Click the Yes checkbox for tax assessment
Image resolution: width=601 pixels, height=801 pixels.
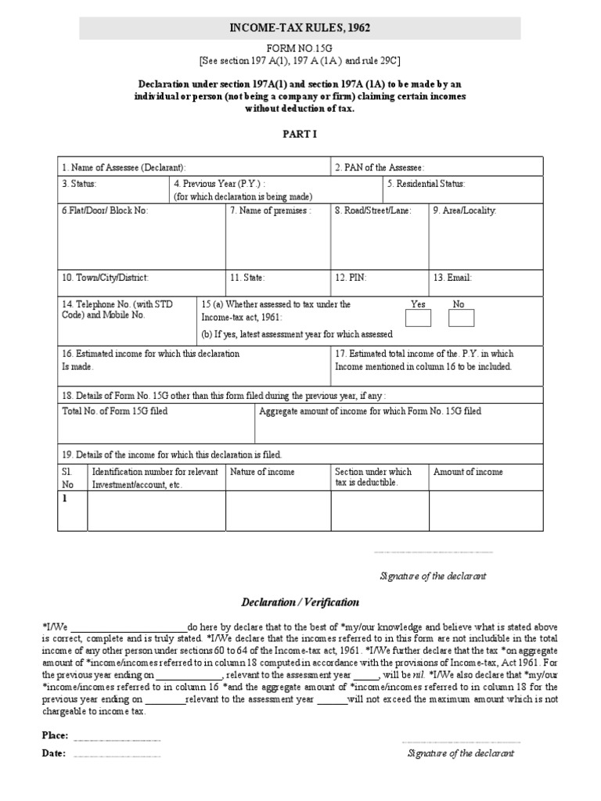418,318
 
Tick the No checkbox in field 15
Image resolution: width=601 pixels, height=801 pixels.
461,318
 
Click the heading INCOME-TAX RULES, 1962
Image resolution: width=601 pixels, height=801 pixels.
300,28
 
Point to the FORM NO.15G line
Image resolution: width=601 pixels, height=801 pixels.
300,48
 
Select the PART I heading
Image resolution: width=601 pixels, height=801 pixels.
300,134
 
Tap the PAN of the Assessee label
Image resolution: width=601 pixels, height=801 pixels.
380,168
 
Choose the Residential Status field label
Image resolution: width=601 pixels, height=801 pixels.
426,184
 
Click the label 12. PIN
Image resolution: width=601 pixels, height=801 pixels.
351,278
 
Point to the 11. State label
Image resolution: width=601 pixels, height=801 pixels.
247,278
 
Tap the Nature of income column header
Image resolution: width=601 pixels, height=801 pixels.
262,472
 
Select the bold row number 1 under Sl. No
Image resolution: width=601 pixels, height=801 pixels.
65,497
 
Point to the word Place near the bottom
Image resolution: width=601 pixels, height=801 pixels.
55,736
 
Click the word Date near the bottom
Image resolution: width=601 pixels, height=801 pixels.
53,754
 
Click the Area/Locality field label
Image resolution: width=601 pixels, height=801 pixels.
465,210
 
